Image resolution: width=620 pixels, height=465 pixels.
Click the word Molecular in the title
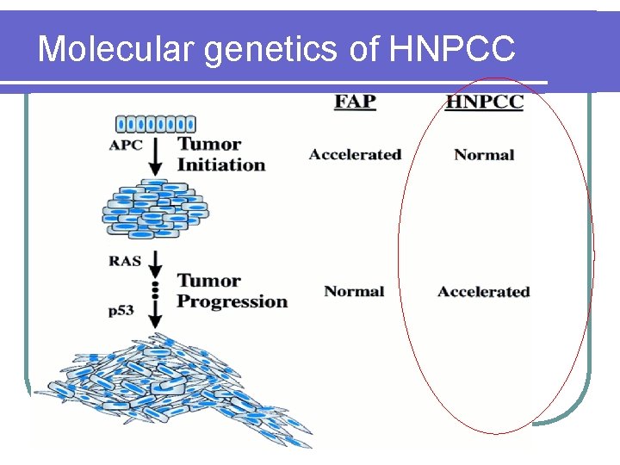(116, 49)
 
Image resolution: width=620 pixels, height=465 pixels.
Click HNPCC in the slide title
(452, 49)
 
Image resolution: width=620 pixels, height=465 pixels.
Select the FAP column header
(355, 102)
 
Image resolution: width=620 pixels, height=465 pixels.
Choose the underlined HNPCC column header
(484, 102)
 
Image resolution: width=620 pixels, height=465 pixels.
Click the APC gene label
(126, 145)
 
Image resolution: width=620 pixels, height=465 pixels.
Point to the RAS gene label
(125, 257)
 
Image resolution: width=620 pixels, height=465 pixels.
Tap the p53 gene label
(121, 312)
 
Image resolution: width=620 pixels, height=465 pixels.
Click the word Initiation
(221, 164)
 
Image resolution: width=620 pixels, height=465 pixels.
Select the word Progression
(232, 301)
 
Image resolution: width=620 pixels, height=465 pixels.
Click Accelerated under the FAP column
(355, 155)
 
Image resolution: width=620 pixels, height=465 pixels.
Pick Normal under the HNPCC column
(484, 155)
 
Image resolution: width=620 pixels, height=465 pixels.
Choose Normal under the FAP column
(354, 291)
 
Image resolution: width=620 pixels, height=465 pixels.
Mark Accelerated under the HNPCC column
(483, 291)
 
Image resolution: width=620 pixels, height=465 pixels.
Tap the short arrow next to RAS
(156, 261)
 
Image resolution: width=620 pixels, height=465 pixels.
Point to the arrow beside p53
(156, 315)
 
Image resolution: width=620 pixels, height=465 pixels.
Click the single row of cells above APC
(156, 124)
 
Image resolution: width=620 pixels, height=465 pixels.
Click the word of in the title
(364, 49)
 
